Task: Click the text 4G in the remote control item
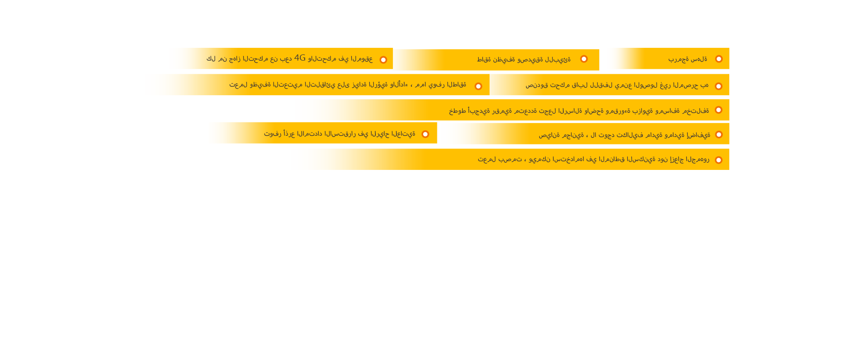[300, 58]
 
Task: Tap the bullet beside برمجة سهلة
[719, 59]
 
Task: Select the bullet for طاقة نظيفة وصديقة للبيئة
[584, 59]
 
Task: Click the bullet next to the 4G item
[383, 60]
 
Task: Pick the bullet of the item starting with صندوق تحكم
[719, 86]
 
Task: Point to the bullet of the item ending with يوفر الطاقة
[479, 86]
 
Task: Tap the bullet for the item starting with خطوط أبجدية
[719, 110]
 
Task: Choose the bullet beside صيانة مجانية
[719, 134]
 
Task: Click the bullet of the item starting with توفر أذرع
[425, 134]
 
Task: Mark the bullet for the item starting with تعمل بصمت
[719, 160]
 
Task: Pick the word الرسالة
[570, 111]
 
